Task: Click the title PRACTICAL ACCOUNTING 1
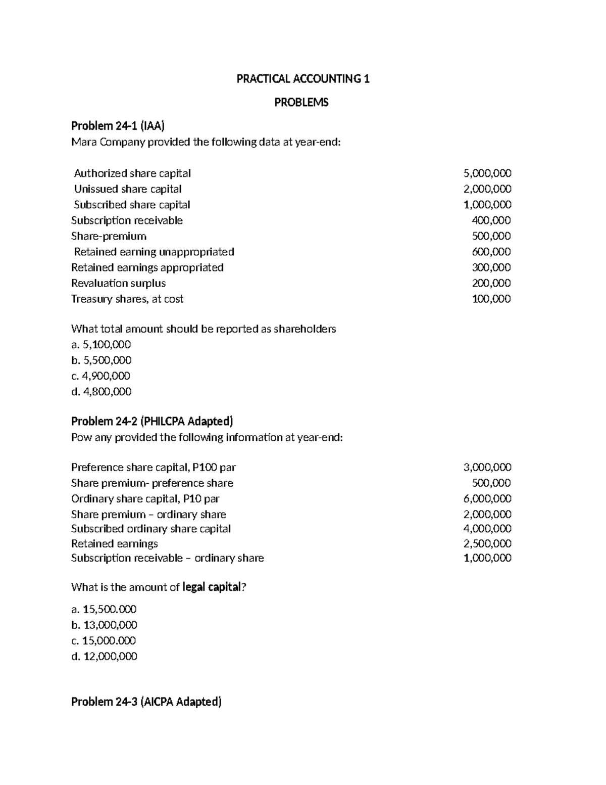tap(303, 79)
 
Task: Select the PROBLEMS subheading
tap(301, 103)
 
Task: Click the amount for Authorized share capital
tap(487, 173)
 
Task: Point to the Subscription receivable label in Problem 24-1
tap(127, 220)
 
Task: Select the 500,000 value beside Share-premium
tap(491, 236)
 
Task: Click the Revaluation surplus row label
tap(118, 283)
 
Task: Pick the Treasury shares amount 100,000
tap(491, 299)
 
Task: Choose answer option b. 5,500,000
tap(102, 360)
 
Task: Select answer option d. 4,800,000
tap(102, 392)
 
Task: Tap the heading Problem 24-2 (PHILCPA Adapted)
tap(152, 422)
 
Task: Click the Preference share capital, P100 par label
tap(154, 467)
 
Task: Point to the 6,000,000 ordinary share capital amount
tap(487, 498)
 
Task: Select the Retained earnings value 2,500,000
tap(487, 543)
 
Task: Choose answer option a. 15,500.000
tap(104, 610)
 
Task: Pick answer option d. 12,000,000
tap(104, 657)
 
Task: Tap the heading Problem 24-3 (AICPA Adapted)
tap(146, 702)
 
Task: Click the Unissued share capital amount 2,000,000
tap(487, 189)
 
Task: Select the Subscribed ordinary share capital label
tap(151, 529)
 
